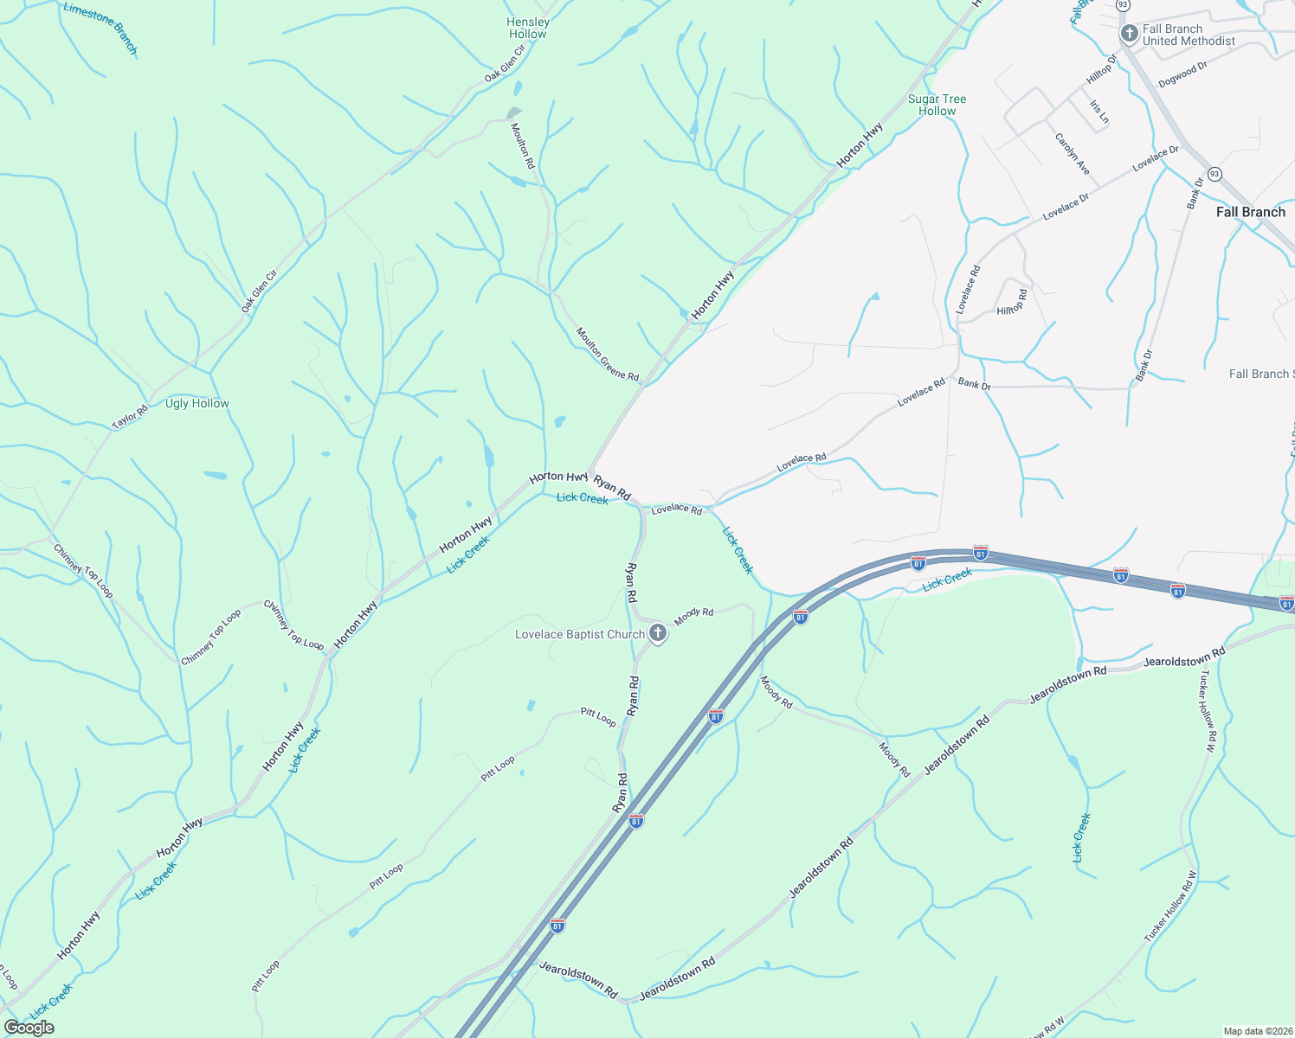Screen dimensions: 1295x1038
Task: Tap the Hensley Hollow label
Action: pos(528,29)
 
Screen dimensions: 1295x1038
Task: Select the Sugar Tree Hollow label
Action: pos(937,105)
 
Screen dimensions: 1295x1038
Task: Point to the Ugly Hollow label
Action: pos(197,404)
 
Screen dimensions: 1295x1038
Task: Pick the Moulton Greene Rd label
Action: pos(608,355)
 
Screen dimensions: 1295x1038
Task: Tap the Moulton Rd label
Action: pos(523,145)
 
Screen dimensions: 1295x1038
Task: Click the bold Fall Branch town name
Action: pos(1250,212)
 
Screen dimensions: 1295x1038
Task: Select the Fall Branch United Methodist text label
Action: pos(1189,35)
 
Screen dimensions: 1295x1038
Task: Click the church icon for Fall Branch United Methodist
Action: pos(1129,35)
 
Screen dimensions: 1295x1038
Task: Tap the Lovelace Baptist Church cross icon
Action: pos(658,634)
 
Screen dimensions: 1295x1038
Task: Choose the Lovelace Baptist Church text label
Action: pos(580,635)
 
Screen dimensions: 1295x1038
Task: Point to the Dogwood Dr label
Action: pos(1182,74)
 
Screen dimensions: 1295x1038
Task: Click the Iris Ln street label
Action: pos(1099,112)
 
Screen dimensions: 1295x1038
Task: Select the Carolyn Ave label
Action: pos(1073,154)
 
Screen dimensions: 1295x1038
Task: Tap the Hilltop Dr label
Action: pos(1101,70)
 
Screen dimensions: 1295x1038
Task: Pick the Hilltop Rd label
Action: pos(1012,303)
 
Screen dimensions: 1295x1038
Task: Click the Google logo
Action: pos(29,1028)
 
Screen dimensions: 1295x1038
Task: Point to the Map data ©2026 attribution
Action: pos(1257,1031)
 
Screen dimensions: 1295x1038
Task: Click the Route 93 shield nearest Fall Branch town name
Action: pos(1214,173)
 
